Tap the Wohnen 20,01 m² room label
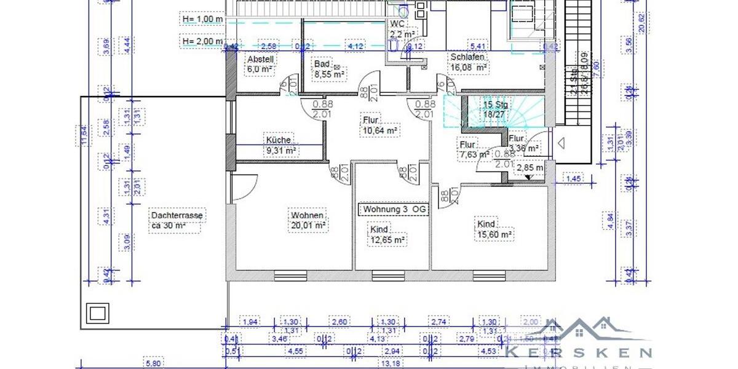308,221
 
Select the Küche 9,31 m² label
281,145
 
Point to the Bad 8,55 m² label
329,69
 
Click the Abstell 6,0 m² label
260,64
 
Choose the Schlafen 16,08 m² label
469,62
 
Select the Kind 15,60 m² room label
495,229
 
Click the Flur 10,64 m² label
379,125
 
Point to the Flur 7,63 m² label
474,149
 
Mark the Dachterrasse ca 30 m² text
177,220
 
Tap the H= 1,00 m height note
202,19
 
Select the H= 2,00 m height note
202,41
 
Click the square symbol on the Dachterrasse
97,312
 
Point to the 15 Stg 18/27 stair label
496,109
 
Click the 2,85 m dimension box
530,168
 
